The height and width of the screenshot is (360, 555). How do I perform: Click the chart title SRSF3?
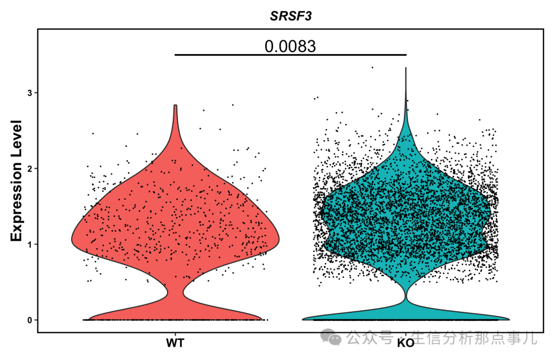tap(291, 16)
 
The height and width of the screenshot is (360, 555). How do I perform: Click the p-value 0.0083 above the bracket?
tap(290, 46)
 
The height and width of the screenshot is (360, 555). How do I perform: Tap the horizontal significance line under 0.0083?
tap(290, 54)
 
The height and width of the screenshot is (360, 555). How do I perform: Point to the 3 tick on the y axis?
tap(29, 93)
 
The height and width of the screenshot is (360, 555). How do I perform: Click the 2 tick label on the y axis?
tap(29, 168)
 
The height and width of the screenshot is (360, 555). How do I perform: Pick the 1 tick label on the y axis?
tap(29, 244)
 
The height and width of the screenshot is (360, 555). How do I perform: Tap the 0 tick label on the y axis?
tap(29, 320)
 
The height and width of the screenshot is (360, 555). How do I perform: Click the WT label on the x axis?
tap(175, 343)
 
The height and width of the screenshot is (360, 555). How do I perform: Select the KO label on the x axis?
tap(405, 343)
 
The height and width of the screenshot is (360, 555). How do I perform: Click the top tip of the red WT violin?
tap(175, 105)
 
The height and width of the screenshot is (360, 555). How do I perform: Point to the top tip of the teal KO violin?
tap(406, 68)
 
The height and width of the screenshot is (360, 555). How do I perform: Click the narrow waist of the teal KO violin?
tap(406, 297)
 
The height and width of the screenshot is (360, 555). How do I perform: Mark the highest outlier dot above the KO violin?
tap(373, 67)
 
